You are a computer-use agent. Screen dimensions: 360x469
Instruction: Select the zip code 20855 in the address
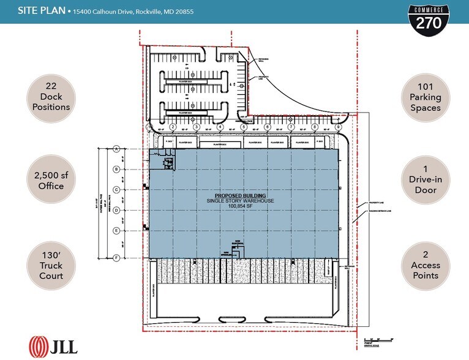pyautogui.click(x=182, y=12)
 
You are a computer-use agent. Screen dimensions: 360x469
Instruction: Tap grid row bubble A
pyautogui.click(x=116, y=149)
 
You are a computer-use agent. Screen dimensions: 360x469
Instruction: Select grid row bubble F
pyautogui.click(x=116, y=258)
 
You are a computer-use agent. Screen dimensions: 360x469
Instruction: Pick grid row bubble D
pyautogui.click(x=116, y=210)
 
